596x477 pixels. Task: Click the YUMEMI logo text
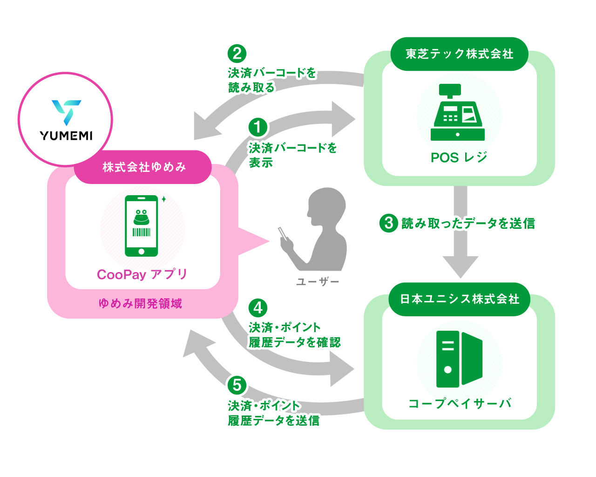click(x=66, y=136)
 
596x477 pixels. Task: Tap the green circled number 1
click(x=258, y=127)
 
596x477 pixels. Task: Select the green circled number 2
click(x=237, y=54)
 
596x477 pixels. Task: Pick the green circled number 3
click(x=388, y=223)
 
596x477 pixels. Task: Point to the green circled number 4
click(x=258, y=307)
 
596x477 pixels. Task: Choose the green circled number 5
click(x=237, y=385)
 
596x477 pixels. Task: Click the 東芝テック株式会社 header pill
click(x=459, y=54)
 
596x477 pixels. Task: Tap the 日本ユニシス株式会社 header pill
click(x=459, y=300)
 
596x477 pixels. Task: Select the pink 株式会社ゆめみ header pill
click(x=142, y=167)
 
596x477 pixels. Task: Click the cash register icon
click(x=458, y=112)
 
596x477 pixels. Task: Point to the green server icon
click(x=459, y=359)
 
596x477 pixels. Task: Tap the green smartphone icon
click(x=141, y=225)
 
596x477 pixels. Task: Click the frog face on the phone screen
click(x=141, y=217)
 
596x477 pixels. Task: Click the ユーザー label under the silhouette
click(x=318, y=282)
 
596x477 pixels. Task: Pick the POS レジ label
click(x=459, y=158)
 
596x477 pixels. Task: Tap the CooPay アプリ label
click(x=142, y=274)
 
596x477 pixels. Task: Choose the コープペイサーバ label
click(x=460, y=403)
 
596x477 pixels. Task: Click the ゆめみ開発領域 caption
click(x=141, y=304)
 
